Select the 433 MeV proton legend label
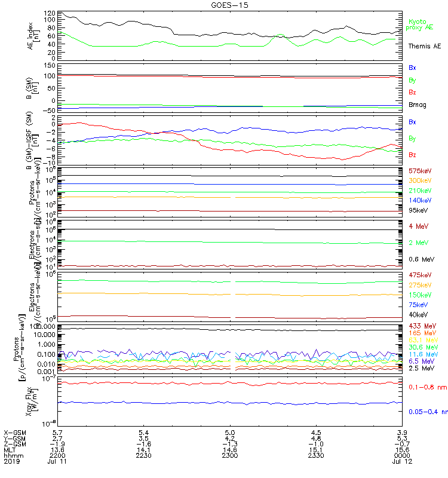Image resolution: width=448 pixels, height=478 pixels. click(x=419, y=326)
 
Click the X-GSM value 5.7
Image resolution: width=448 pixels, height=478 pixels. click(x=56, y=432)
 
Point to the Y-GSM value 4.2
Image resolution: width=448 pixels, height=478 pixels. click(x=230, y=438)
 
